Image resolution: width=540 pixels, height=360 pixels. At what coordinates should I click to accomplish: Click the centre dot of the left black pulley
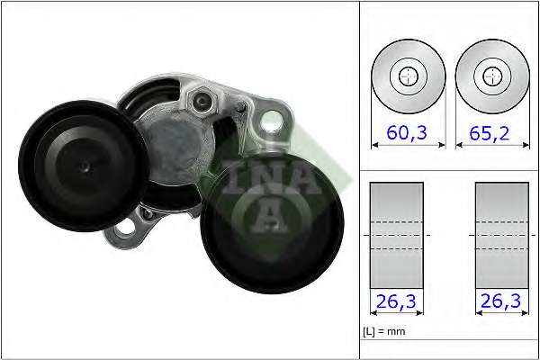point(83,166)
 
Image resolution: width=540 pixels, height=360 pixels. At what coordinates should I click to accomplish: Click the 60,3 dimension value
point(409,133)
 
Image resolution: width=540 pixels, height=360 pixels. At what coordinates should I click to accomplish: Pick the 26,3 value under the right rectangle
point(500,302)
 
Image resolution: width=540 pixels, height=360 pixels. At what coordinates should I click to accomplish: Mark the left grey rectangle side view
point(397,235)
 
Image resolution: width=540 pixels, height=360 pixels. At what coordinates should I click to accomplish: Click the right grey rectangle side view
point(501,235)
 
